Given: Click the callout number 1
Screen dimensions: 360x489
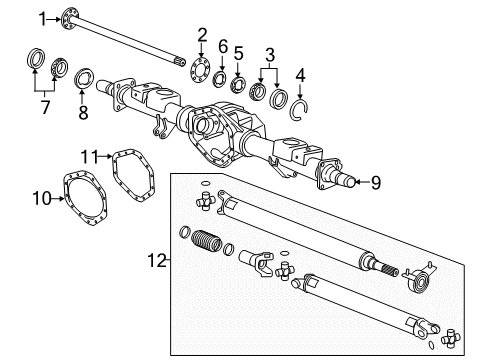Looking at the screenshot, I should click(x=43, y=16).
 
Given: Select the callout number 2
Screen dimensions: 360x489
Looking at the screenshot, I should click(x=202, y=35).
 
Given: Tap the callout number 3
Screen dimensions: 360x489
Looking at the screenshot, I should click(x=268, y=53).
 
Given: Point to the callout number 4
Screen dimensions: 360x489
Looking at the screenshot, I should click(x=301, y=72).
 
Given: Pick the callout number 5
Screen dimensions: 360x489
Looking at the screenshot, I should click(x=238, y=53).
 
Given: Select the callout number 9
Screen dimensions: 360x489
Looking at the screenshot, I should click(x=375, y=181).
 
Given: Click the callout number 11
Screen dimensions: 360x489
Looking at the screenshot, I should click(x=88, y=156).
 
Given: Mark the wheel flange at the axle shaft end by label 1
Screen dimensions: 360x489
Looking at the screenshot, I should click(x=70, y=15).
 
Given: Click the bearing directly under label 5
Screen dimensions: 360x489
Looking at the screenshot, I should click(x=238, y=84).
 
